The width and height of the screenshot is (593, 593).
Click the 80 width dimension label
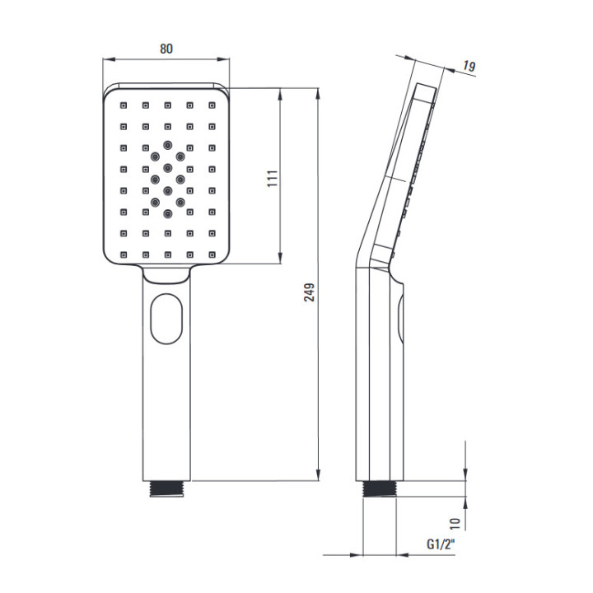coord(166,49)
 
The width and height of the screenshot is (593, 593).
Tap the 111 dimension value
coord(273,179)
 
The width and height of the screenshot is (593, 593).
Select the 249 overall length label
coord(310,292)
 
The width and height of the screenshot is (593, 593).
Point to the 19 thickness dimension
coord(469,67)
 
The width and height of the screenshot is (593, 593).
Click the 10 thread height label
coord(455,523)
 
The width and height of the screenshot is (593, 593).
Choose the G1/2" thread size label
coord(441,544)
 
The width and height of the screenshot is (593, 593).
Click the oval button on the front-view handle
coord(166,319)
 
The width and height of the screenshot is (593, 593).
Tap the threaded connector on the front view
coord(166,488)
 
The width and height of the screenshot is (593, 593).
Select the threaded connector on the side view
coord(380,488)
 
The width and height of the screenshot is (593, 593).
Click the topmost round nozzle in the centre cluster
coord(167,145)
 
